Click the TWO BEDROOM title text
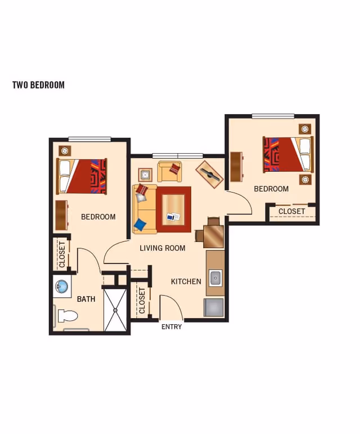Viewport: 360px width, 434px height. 38,85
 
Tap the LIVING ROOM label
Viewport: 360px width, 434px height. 163,248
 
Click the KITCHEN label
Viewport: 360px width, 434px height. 186,281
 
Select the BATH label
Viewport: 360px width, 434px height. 86,299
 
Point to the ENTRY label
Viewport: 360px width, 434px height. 172,327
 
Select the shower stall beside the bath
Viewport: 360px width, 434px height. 116,310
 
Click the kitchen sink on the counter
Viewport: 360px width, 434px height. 215,278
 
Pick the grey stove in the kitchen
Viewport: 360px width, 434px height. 214,307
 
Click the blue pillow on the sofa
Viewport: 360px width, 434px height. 140,225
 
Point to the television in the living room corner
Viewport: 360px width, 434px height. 209,174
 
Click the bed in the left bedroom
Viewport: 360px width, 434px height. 82,176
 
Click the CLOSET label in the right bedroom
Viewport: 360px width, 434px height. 292,212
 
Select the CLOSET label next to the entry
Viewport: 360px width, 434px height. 142,301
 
